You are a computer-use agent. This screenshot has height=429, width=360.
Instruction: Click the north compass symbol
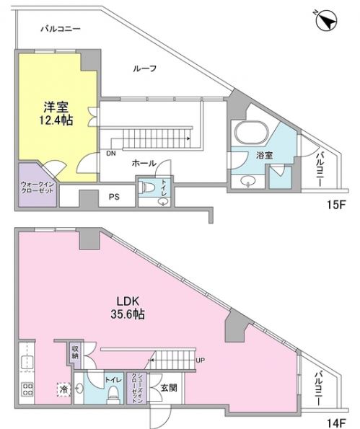tap(325, 20)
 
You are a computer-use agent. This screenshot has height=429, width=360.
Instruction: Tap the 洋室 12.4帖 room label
tap(56, 113)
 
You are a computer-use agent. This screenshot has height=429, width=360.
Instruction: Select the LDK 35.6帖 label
tap(128, 308)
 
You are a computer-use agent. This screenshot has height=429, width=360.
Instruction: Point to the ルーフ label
tap(145, 68)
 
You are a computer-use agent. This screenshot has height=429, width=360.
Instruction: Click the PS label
tap(114, 197)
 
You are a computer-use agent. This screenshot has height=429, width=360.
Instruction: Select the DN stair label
tap(111, 154)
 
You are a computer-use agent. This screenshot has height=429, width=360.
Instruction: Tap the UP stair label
tap(200, 361)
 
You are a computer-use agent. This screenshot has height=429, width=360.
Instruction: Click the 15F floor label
tap(335, 205)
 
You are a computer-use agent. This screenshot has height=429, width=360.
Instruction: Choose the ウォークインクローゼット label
tap(37, 187)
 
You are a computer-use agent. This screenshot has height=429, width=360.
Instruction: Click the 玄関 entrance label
tap(169, 388)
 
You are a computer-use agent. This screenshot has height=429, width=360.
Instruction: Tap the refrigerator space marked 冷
tap(63, 389)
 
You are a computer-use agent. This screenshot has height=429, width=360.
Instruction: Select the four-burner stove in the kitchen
tap(27, 389)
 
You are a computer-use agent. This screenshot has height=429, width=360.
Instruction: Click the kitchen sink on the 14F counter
tap(27, 363)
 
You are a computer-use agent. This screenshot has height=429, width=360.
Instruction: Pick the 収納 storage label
tap(75, 353)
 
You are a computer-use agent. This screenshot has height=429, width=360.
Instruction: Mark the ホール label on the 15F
tap(144, 164)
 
